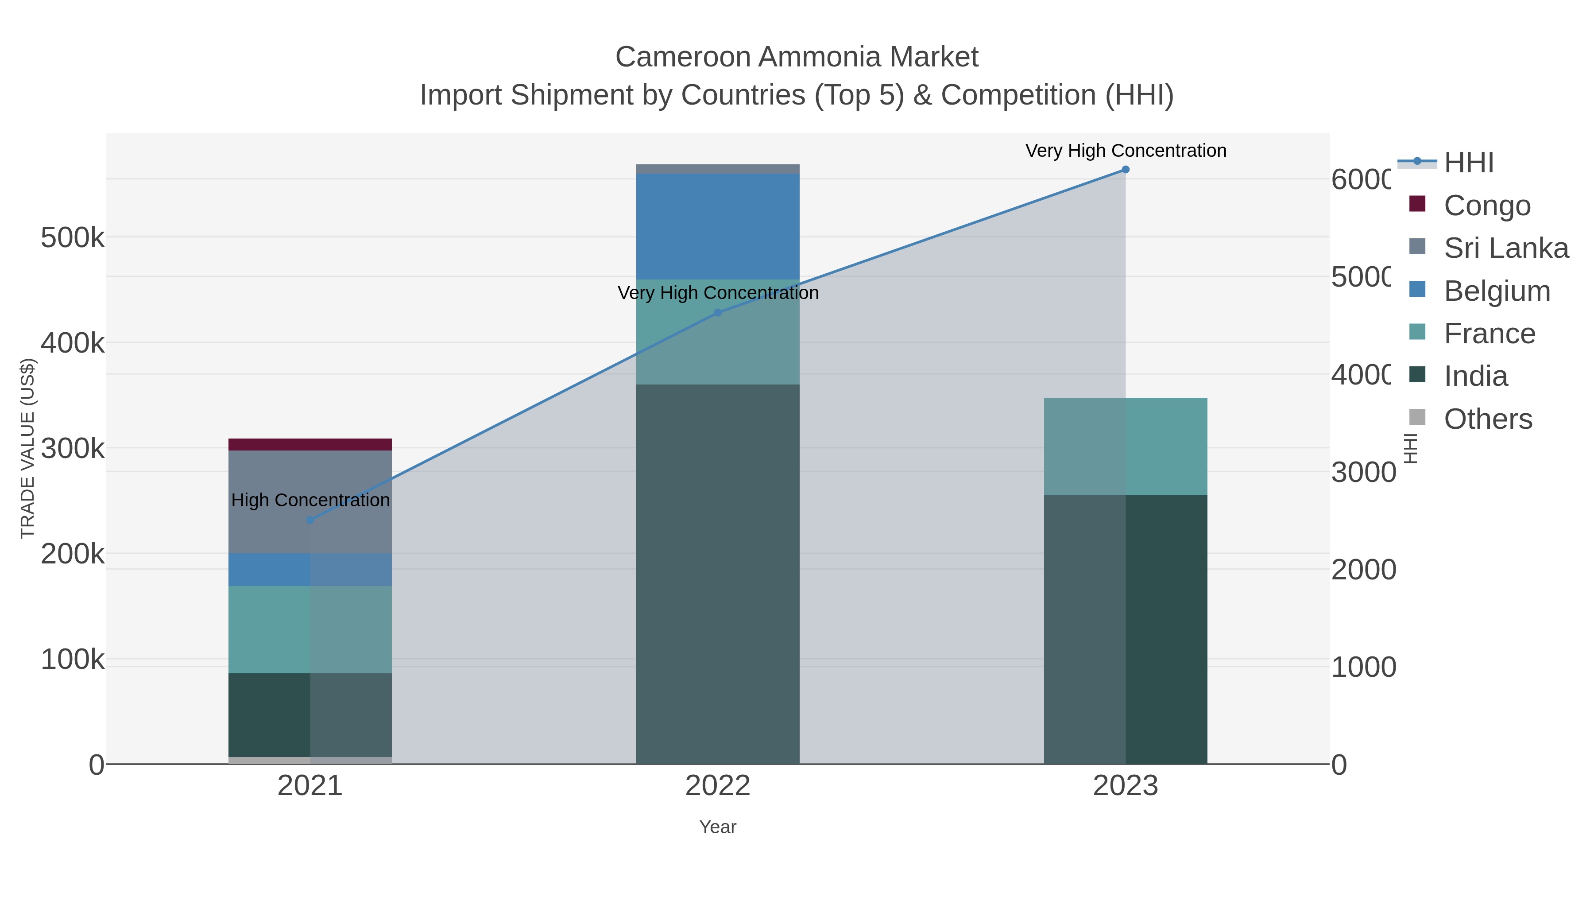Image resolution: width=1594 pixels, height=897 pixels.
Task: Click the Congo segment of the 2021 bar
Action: pos(310,444)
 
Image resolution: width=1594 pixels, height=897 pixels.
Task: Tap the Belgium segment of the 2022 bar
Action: pos(717,226)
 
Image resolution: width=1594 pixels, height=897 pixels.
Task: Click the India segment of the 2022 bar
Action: pos(717,573)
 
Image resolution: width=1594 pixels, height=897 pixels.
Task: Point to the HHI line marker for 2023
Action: pos(1125,170)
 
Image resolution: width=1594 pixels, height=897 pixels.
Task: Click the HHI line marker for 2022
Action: pos(717,313)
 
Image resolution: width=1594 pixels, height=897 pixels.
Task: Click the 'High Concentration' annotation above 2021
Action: pos(310,500)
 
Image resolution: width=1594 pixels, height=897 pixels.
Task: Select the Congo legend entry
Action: pos(1486,206)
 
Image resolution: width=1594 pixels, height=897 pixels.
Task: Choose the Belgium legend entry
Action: pos(1496,291)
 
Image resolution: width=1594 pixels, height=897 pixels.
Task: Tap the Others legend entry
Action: pos(1488,419)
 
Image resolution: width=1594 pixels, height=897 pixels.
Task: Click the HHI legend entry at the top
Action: pos(1468,163)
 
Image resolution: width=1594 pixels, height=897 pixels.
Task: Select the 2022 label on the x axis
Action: pos(717,785)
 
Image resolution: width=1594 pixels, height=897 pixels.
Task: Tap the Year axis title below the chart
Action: pos(717,827)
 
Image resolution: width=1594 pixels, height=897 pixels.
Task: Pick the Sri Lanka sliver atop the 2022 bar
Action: pos(717,169)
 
